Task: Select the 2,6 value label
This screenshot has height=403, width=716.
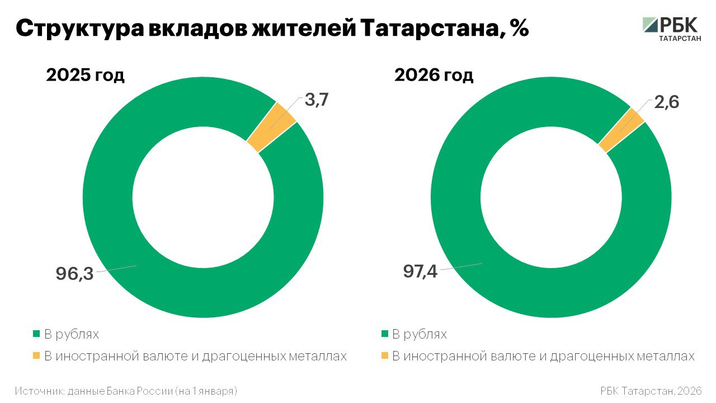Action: click(x=665, y=103)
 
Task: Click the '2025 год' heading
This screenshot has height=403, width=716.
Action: click(x=85, y=75)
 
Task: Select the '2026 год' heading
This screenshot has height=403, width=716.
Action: click(x=434, y=75)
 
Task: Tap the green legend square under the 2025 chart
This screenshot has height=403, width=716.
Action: click(x=36, y=334)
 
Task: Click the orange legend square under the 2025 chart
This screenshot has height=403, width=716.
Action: click(x=36, y=356)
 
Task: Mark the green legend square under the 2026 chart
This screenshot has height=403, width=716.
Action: click(x=384, y=334)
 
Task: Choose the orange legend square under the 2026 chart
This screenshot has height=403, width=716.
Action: click(x=384, y=356)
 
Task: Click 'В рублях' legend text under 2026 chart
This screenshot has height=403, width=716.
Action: click(x=420, y=335)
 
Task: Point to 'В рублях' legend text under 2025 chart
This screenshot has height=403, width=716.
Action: click(x=72, y=335)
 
